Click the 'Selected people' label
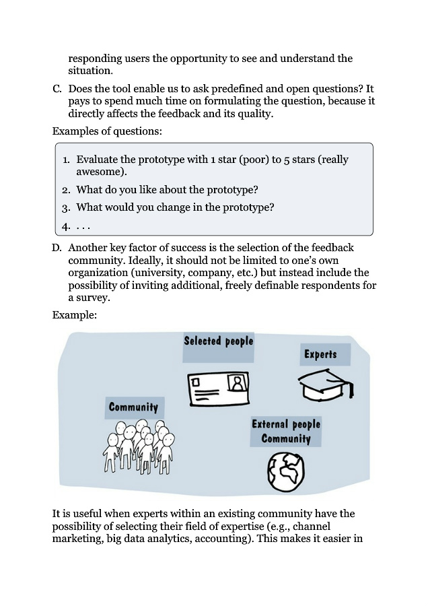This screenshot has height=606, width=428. pyautogui.click(x=219, y=341)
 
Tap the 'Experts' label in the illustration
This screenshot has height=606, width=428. pyautogui.click(x=320, y=354)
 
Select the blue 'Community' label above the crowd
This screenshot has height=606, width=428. pyautogui.click(x=134, y=407)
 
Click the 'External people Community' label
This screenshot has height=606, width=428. pyautogui.click(x=286, y=431)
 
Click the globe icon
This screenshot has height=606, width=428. pyautogui.click(x=285, y=468)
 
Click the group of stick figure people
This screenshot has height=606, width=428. pyautogui.click(x=140, y=445)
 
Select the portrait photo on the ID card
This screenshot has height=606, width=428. pyautogui.click(x=238, y=383)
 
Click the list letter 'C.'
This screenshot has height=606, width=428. pyautogui.click(x=57, y=89)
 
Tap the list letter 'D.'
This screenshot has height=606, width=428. pyautogui.click(x=57, y=248)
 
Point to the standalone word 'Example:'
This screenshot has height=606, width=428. pyautogui.click(x=75, y=314)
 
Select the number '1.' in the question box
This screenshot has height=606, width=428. pyautogui.click(x=66, y=160)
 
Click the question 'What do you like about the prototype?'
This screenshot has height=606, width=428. pyautogui.click(x=168, y=190)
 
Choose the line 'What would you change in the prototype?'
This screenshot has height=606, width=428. pyautogui.click(x=175, y=207)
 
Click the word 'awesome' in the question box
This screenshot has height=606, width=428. pyautogui.click(x=99, y=172)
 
